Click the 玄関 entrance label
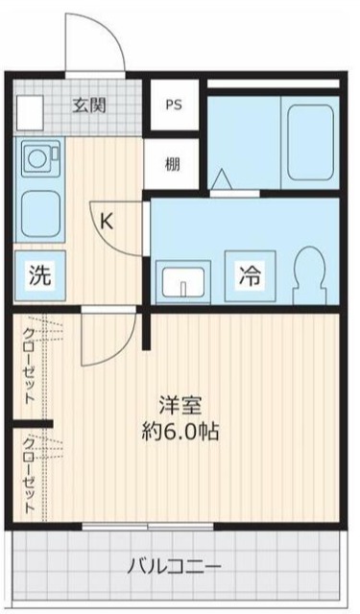pyautogui.click(x=91, y=106)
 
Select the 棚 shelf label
pyautogui.click(x=172, y=162)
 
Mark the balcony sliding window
pyautogui.click(x=144, y=527)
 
